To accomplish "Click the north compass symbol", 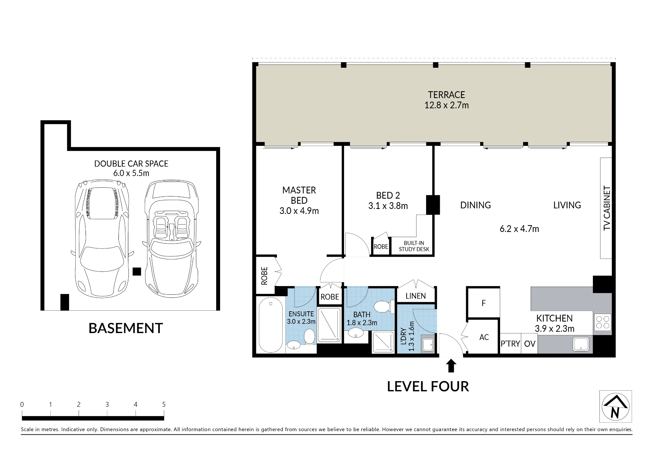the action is (x=615, y=406).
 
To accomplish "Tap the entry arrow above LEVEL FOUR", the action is (x=451, y=366).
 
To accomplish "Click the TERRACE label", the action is (x=446, y=95).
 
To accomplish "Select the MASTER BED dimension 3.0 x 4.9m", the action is (x=299, y=211).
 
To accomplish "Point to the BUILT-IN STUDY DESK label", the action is (x=414, y=246).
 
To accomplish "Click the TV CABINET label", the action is (x=607, y=208).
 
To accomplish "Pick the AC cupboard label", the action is (x=484, y=337).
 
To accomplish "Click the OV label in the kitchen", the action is (x=530, y=344).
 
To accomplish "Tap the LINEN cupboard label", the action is (x=416, y=296).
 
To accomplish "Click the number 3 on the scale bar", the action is (x=107, y=405).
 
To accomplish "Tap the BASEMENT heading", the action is (x=126, y=328).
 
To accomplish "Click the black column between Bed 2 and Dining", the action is (x=433, y=205).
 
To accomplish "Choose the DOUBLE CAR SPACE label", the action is (x=131, y=164).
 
